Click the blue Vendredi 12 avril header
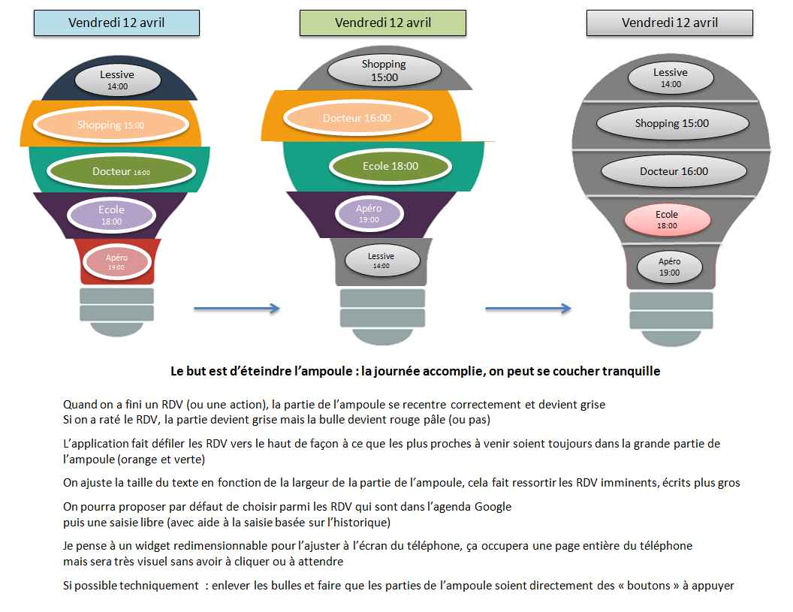(x=116, y=23)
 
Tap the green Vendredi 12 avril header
(x=382, y=23)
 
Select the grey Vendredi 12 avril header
(x=669, y=23)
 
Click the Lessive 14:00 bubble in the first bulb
(x=117, y=79)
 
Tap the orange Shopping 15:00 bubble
(x=111, y=125)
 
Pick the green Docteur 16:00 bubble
(x=120, y=171)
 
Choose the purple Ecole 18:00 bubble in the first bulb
(x=111, y=215)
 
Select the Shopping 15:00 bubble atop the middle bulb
(x=383, y=70)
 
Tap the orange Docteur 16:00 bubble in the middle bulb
(x=357, y=118)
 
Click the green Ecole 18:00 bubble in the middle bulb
(x=390, y=166)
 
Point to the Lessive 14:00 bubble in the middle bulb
(x=381, y=260)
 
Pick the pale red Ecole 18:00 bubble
(x=667, y=219)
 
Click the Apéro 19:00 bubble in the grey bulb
(x=669, y=267)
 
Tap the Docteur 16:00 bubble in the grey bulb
(x=673, y=171)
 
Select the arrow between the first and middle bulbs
(x=237, y=308)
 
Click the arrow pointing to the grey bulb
(x=528, y=308)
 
